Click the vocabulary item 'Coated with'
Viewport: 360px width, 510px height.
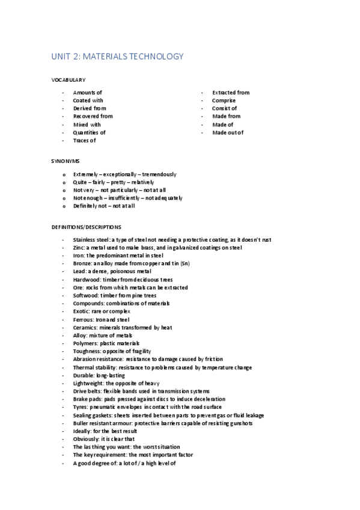click(x=88, y=100)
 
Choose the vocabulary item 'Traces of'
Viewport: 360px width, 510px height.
click(x=85, y=140)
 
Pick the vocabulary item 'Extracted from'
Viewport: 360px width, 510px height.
click(x=231, y=93)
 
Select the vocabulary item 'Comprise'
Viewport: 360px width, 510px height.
click(x=224, y=100)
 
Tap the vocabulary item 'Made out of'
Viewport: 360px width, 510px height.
click(x=228, y=132)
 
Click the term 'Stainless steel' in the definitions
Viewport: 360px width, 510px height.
click(x=91, y=240)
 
